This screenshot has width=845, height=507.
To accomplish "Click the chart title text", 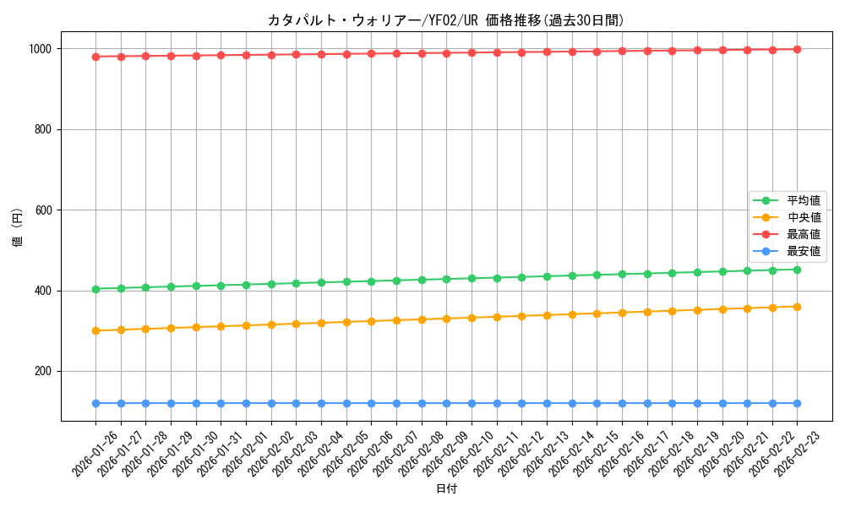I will [446, 20].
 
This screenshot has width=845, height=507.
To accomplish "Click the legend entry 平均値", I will [803, 200].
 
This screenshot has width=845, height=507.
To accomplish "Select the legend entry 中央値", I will [803, 217].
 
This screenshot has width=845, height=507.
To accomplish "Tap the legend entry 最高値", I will [803, 234].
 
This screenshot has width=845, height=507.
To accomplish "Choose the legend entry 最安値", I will [803, 251].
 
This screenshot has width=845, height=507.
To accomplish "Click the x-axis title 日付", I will [446, 489].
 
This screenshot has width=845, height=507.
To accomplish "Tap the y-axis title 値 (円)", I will [18, 228].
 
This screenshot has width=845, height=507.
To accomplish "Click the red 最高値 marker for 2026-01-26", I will [95, 57].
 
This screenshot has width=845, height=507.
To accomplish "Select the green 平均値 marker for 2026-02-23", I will [797, 270].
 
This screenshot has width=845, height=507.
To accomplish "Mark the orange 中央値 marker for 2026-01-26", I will [95, 330].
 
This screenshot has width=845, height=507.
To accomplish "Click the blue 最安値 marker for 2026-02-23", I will [797, 403].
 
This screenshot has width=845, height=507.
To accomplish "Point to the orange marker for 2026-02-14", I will [572, 314].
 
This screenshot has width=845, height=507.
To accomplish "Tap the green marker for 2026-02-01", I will [246, 285].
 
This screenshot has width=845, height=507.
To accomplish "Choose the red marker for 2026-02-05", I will [346, 54].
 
